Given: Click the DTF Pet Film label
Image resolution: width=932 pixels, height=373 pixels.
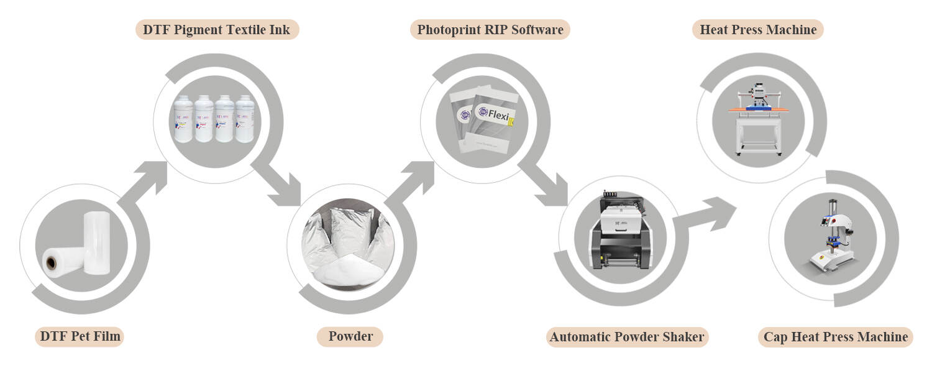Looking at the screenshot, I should click(79, 337).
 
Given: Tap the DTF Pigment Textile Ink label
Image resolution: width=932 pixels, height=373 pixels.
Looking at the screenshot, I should click(217, 29).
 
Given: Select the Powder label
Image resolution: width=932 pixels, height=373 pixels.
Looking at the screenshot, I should click(350, 337).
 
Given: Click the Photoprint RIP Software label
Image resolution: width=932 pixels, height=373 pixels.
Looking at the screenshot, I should click(490, 29).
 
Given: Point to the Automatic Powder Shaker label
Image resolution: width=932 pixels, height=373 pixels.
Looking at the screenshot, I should click(628, 337).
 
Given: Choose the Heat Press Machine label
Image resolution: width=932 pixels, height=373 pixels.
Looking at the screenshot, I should click(757, 29).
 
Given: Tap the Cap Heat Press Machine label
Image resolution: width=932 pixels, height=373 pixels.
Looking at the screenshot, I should click(836, 337).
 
